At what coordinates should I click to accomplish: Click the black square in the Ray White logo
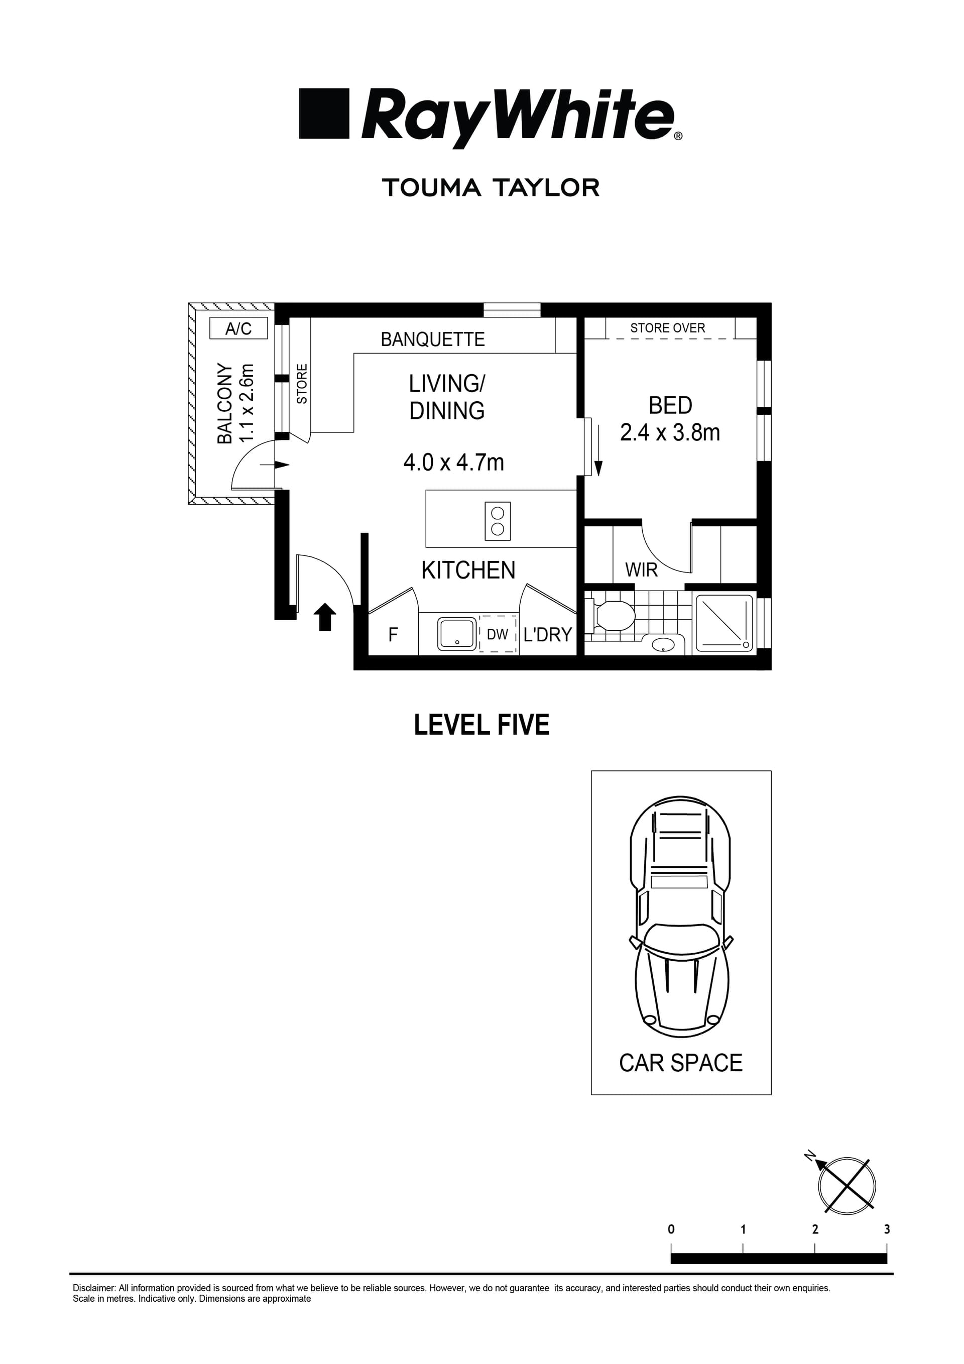click(x=324, y=113)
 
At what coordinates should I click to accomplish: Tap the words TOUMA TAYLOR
click(x=491, y=188)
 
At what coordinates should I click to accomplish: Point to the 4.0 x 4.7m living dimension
click(x=453, y=462)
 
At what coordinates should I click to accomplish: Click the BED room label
click(x=670, y=405)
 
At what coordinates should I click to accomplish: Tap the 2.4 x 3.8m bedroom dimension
click(x=669, y=432)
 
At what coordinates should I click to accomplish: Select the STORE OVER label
click(x=668, y=328)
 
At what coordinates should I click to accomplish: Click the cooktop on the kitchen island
click(x=498, y=521)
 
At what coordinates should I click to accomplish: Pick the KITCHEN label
click(x=468, y=571)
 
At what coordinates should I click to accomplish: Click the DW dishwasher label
click(x=497, y=634)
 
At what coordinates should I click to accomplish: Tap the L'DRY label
click(x=547, y=635)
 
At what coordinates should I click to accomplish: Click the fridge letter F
click(x=393, y=635)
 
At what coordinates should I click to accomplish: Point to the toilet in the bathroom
click(x=612, y=616)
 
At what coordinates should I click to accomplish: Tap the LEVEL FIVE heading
click(x=481, y=725)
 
